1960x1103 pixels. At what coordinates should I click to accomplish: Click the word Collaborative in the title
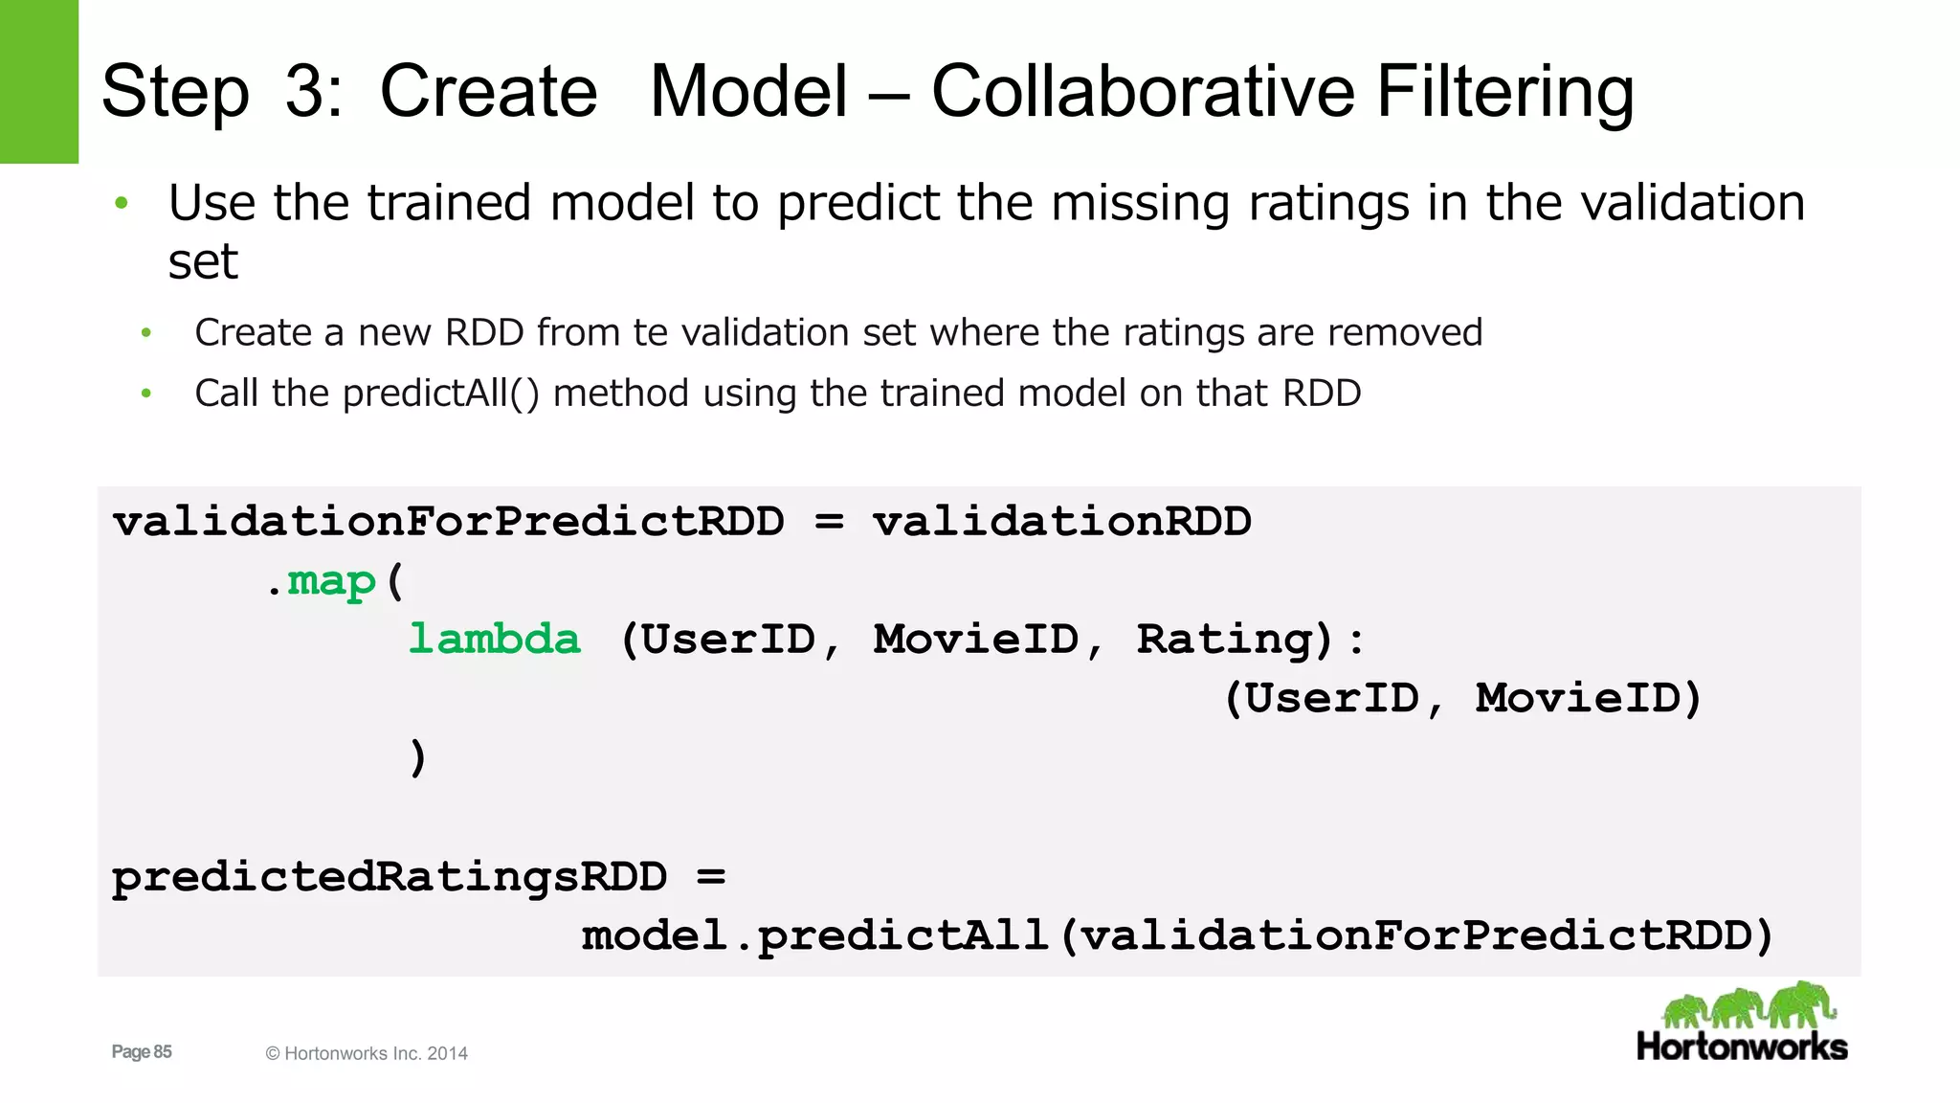click(1144, 92)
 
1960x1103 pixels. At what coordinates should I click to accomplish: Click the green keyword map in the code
click(331, 581)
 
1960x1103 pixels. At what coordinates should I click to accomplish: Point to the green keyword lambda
click(494, 640)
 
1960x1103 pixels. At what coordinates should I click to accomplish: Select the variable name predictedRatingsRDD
click(390, 877)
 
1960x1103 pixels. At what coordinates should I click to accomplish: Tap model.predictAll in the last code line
click(814, 935)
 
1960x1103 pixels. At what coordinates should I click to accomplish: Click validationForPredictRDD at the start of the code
click(448, 522)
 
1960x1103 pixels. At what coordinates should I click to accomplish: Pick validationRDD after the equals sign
click(1061, 522)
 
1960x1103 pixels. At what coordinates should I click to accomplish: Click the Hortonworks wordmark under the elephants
click(1742, 1047)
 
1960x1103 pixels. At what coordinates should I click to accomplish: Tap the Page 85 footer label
click(142, 1051)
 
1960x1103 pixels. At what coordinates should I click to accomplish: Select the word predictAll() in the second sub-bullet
click(441, 393)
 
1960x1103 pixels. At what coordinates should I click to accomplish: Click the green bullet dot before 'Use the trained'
click(122, 203)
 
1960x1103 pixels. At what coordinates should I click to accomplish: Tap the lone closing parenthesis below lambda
click(417, 757)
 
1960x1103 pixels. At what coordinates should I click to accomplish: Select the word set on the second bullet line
click(203, 261)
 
